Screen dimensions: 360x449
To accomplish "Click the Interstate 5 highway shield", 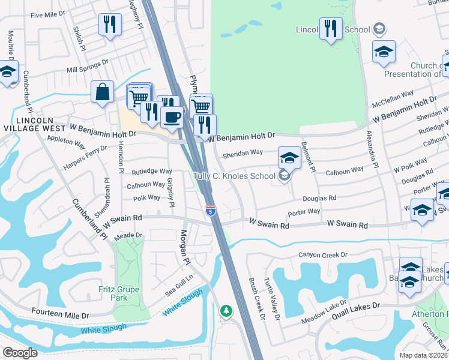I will pyautogui.click(x=210, y=211).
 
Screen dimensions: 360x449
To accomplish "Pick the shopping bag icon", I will pyautogui.click(x=103, y=92).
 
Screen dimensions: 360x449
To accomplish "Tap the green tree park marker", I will pyautogui.click(x=226, y=310).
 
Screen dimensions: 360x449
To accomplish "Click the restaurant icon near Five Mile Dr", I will pyautogui.click(x=110, y=25).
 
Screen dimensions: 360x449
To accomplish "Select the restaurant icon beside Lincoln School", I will pyautogui.click(x=331, y=28).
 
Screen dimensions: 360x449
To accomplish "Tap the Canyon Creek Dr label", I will pyautogui.click(x=324, y=255).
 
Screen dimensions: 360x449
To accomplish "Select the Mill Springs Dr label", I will pyautogui.click(x=88, y=65).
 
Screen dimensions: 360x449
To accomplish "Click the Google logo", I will pyautogui.click(x=20, y=353).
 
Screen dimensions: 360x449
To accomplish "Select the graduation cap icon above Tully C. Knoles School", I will pyautogui.click(x=289, y=158).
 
